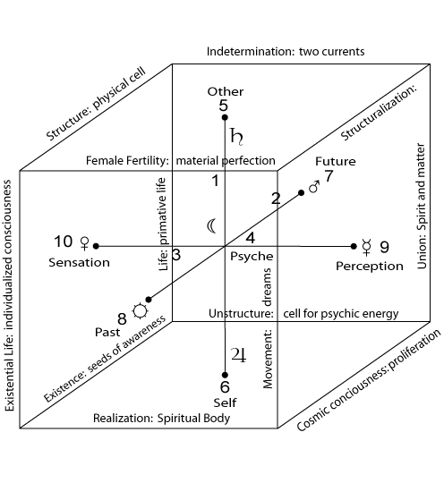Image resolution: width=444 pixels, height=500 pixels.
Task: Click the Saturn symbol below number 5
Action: pos(236,137)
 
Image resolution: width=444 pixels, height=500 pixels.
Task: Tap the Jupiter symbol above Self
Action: pos(239,354)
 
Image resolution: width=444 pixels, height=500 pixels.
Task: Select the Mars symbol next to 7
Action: pos(314,187)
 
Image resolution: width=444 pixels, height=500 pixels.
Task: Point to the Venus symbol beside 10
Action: pos(84,243)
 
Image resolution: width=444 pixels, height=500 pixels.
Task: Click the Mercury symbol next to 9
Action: pos(367,247)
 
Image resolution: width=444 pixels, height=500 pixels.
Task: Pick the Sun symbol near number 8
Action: pos(141,311)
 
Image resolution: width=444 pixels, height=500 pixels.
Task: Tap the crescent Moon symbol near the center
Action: pos(211,226)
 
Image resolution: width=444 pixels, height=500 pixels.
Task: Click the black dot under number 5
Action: pos(225,117)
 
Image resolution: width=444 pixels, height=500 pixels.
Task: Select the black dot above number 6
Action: pos(225,375)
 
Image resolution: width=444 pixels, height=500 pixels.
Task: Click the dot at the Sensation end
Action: pos(96,246)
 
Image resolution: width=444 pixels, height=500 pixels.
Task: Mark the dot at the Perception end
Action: pos(354,246)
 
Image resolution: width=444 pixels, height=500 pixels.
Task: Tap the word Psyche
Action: pos(252,257)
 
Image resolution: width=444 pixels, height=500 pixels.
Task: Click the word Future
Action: pos(336,161)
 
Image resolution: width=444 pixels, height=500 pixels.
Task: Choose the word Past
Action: pos(107,332)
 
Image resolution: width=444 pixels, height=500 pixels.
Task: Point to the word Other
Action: pos(226,91)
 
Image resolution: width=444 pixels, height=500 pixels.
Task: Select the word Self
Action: pos(225,403)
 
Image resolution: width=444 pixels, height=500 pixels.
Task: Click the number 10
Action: pos(64,242)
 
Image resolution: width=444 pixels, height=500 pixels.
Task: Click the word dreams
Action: pos(267,287)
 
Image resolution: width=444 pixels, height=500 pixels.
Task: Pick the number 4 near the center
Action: pos(251,238)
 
